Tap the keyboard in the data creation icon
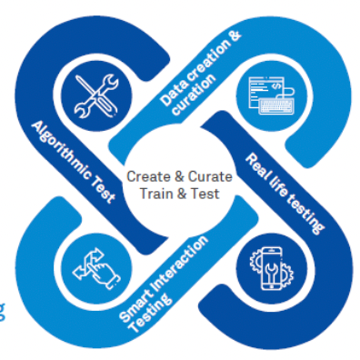(x=269, y=106)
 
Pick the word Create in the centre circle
(x=146, y=175)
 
